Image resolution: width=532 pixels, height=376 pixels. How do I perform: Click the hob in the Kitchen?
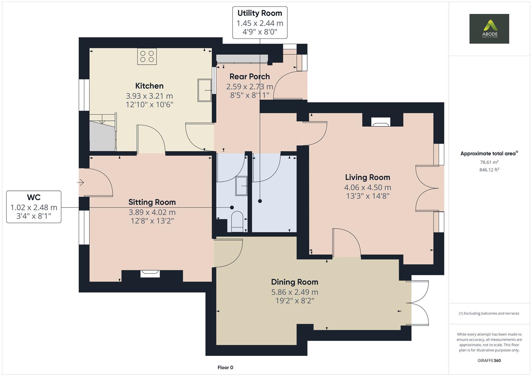[147, 56]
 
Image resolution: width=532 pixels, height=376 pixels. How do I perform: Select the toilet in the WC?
[237, 221]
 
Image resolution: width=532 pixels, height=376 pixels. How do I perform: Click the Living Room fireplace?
[380, 122]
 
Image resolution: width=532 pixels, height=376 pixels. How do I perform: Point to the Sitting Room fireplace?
[150, 274]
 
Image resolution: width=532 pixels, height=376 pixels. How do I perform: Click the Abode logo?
[489, 29]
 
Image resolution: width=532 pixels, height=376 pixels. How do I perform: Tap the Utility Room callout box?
[260, 23]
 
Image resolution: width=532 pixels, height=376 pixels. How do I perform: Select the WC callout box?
[34, 207]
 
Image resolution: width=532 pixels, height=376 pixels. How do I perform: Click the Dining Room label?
[294, 282]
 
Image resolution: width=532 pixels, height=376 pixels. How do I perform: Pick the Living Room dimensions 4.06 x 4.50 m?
[367, 187]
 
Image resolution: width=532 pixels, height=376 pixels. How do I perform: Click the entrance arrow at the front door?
[81, 182]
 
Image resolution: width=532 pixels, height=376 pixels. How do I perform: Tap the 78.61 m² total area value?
[489, 162]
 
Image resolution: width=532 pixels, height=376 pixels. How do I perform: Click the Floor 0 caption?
[225, 367]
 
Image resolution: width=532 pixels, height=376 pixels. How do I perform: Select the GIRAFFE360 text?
[489, 360]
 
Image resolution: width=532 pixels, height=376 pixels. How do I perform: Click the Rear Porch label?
[249, 77]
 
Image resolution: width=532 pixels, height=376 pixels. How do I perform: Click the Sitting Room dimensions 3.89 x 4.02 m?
[152, 212]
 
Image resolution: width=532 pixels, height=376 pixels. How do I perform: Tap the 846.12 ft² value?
[489, 170]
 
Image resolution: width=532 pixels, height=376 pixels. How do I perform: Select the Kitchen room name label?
[149, 86]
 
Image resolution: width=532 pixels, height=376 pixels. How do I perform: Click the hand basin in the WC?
[242, 186]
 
